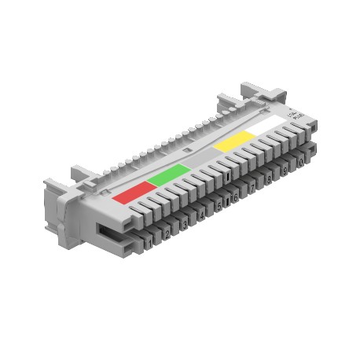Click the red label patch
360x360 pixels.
point(131,191)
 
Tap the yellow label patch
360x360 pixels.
point(235,141)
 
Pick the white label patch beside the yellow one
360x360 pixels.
point(266,127)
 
